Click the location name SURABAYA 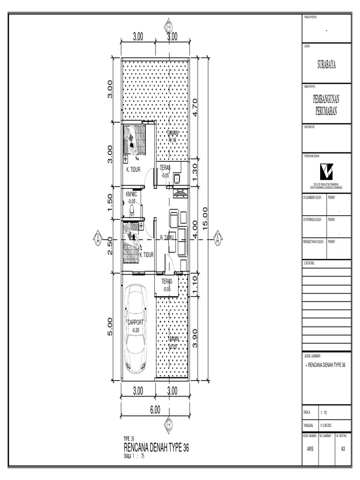pyautogui.click(x=326, y=66)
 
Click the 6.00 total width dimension pyautogui.click(x=155, y=409)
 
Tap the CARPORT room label pyautogui.click(x=135, y=322)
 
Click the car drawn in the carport pyautogui.click(x=136, y=330)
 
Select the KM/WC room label pyautogui.click(x=131, y=194)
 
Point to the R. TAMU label pyautogui.click(x=167, y=238)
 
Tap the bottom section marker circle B pyautogui.click(x=168, y=424)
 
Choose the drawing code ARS pyautogui.click(x=310, y=449)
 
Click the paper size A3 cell pyautogui.click(x=343, y=449)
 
